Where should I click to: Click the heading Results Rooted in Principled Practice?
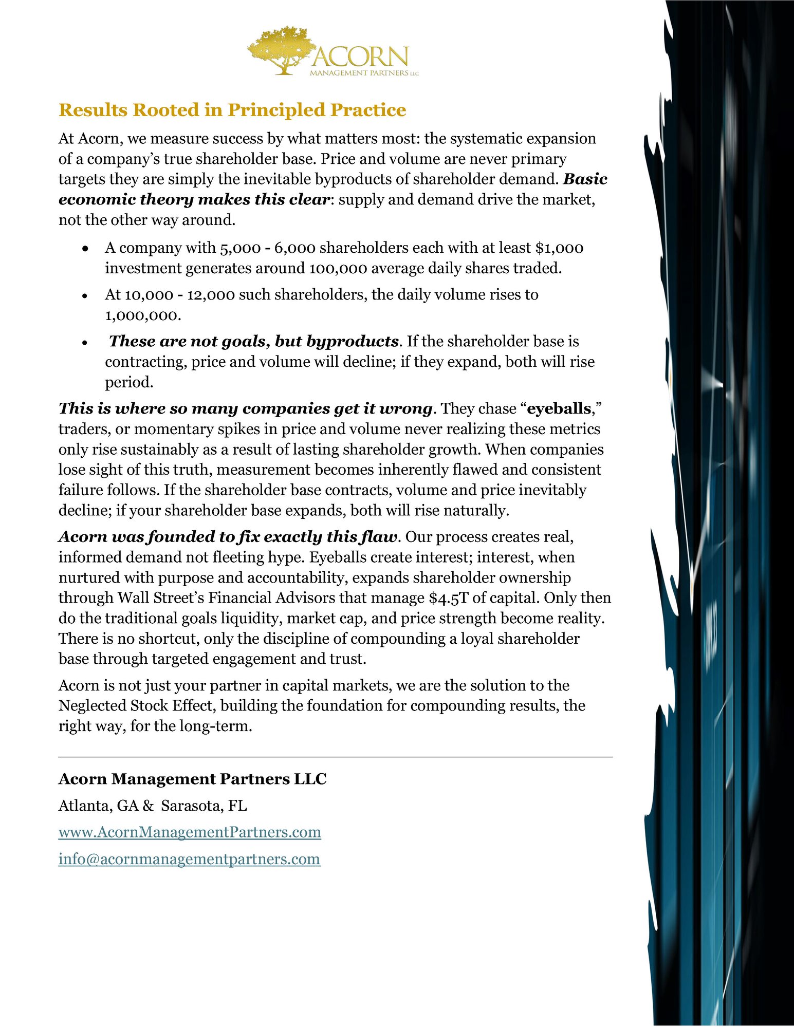tap(232, 110)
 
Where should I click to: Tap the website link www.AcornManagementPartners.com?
tap(190, 832)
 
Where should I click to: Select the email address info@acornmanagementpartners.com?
tap(189, 858)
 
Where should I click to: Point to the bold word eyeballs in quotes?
tap(559, 408)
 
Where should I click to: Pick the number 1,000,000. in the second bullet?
tap(143, 315)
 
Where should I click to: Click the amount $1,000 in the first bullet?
tap(559, 248)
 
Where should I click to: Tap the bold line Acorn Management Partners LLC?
tap(192, 779)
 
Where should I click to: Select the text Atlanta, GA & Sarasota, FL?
tap(153, 806)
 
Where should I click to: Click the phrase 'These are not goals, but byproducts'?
tap(254, 341)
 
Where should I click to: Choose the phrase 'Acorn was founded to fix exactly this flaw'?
tap(228, 537)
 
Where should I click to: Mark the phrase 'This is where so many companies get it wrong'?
tap(245, 408)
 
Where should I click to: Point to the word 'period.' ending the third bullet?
tap(129, 382)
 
